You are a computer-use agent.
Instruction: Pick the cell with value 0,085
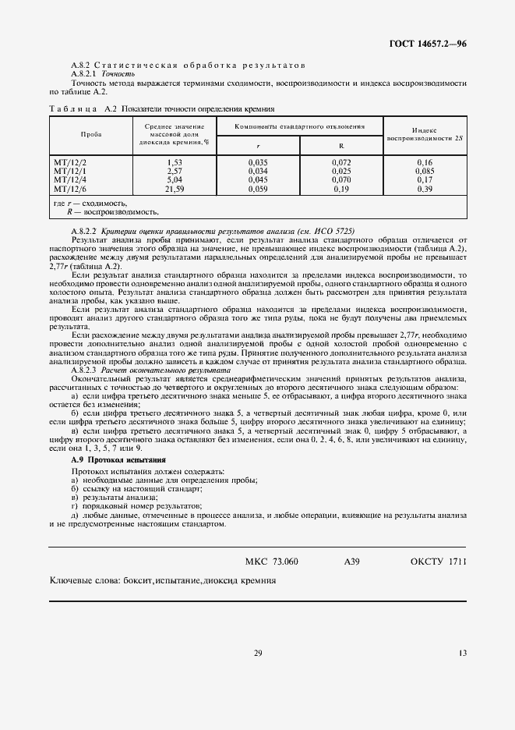tap(425, 170)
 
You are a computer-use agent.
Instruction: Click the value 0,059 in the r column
tap(258, 189)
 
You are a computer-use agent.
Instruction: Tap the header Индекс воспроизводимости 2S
tap(425, 133)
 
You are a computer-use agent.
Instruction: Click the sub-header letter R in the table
tap(341, 145)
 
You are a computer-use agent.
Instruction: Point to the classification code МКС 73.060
tap(271, 562)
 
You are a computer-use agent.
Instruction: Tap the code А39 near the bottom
tap(351, 562)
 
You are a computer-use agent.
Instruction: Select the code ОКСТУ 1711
tap(438, 562)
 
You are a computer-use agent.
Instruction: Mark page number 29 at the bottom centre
tap(257, 654)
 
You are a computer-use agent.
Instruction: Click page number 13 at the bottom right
tap(462, 654)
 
